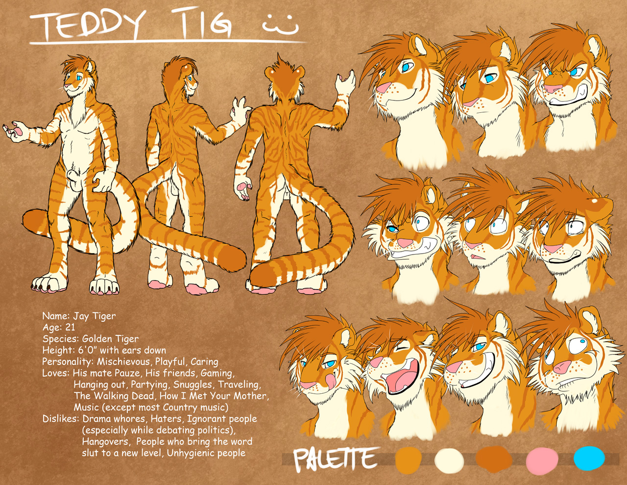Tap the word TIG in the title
[x=205, y=23]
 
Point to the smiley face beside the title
[x=280, y=25]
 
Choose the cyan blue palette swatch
[x=589, y=458]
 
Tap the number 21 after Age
[x=70, y=327]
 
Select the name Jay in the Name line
[x=80, y=316]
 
